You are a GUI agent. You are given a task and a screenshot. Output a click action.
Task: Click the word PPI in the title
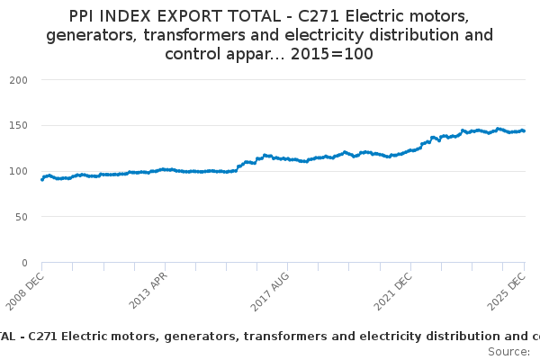[x=85, y=16]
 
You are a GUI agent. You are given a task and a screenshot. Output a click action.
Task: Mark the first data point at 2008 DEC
[x=42, y=179]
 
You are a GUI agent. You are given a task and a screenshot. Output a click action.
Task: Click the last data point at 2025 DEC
[x=524, y=130]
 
